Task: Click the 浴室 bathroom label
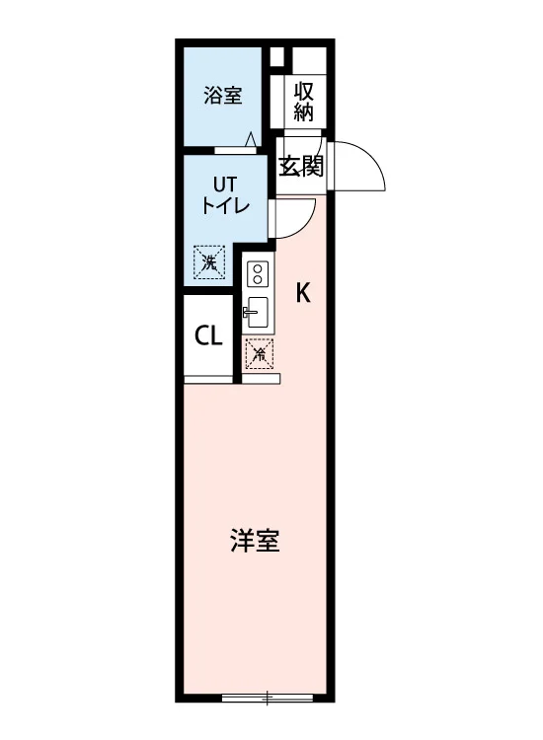pyautogui.click(x=223, y=96)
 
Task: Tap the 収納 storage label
pyautogui.click(x=304, y=102)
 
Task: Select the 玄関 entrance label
pyautogui.click(x=301, y=166)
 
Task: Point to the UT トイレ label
pyautogui.click(x=225, y=195)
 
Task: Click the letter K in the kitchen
pyautogui.click(x=303, y=293)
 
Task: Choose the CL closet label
pyautogui.click(x=208, y=336)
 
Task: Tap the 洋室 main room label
pyautogui.click(x=255, y=541)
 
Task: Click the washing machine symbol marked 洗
pyautogui.click(x=209, y=262)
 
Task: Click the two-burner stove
pyautogui.click(x=258, y=273)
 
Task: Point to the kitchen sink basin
pyautogui.click(x=259, y=312)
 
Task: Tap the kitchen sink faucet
pyautogui.click(x=250, y=312)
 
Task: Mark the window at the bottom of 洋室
pyautogui.click(x=268, y=698)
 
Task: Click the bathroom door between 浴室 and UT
pyautogui.click(x=235, y=151)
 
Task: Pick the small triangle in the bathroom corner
pyautogui.click(x=251, y=139)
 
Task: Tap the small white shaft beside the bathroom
pyautogui.click(x=276, y=57)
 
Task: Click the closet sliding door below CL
pyautogui.click(x=208, y=379)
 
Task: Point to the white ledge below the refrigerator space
pyautogui.click(x=261, y=379)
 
